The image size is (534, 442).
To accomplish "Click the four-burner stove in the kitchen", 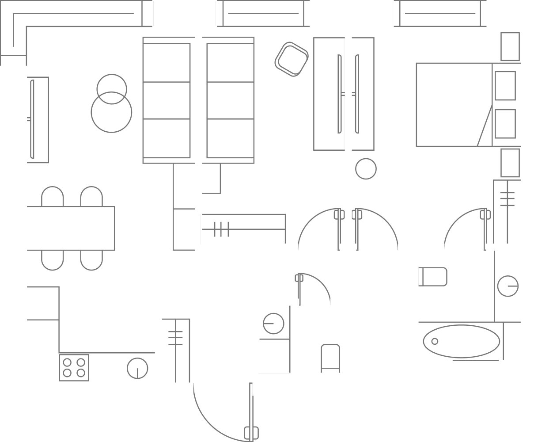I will point(74,367).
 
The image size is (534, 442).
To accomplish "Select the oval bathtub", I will point(461,341).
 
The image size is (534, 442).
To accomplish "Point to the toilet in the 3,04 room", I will point(330,358).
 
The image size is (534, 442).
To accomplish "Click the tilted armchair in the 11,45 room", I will point(292,59).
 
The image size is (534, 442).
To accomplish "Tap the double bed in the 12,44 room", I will point(454,104).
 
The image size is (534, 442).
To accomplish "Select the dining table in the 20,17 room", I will point(71,228).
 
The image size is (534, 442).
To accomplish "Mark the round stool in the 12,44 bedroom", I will point(366,168).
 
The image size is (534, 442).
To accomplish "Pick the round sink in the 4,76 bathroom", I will point(507,286).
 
